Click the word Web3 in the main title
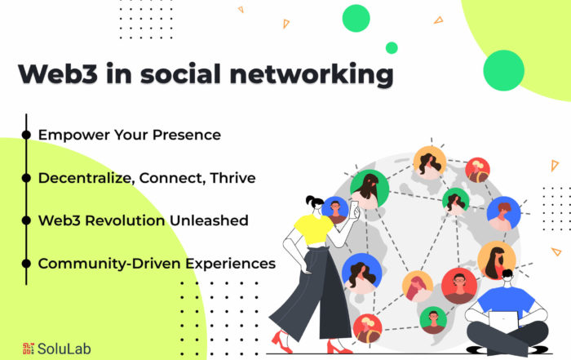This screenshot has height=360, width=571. (x=58, y=73)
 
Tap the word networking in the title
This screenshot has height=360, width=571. (x=312, y=75)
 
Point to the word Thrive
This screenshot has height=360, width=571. (x=232, y=178)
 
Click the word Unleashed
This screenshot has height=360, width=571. (x=209, y=220)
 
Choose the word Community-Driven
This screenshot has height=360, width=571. (x=109, y=264)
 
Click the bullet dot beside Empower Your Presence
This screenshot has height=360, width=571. (x=26, y=135)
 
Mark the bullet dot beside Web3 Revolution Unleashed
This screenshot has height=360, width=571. (x=26, y=220)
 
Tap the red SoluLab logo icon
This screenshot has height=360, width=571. (x=29, y=349)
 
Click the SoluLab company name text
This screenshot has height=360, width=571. (x=64, y=349)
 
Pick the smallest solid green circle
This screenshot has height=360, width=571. (x=392, y=47)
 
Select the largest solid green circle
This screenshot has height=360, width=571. (x=503, y=70)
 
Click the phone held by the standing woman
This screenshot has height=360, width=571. (x=354, y=210)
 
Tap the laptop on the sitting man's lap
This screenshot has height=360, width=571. (x=503, y=322)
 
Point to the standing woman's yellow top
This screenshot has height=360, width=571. (x=313, y=229)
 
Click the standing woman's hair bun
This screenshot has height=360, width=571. (x=309, y=200)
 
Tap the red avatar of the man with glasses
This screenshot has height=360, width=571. (x=459, y=286)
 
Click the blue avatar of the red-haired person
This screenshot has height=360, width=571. (x=503, y=214)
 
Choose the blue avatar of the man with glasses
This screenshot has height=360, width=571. (x=334, y=211)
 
